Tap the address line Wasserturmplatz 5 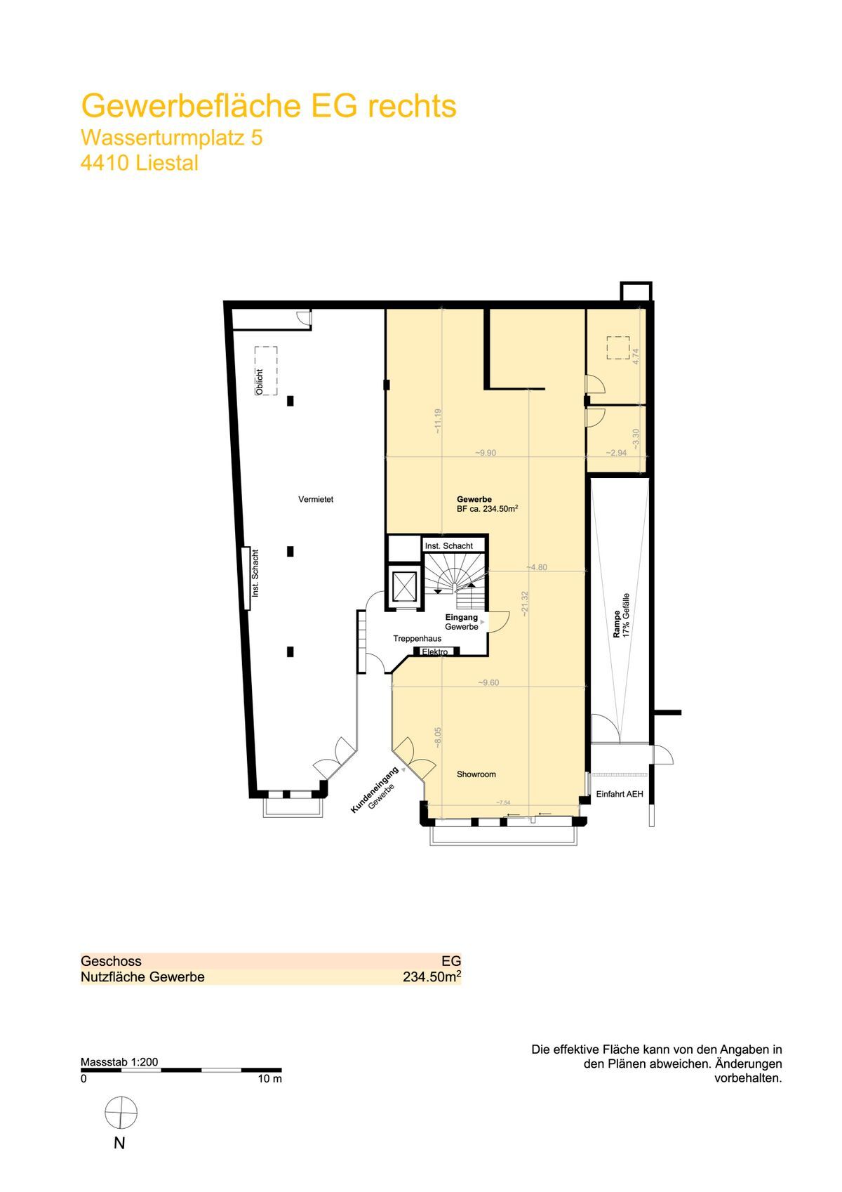click(172, 138)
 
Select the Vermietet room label click(316, 499)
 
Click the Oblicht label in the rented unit click(260, 382)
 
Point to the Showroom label click(476, 774)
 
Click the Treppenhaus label click(417, 639)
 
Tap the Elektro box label click(434, 651)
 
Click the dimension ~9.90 click(485, 453)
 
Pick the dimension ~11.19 click(438, 421)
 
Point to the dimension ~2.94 click(616, 453)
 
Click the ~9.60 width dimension click(488, 683)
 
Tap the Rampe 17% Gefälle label click(621, 616)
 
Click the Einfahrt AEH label click(619, 794)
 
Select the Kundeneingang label click(375, 790)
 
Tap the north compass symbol click(121, 1112)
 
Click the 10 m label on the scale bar click(269, 1079)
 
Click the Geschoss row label click(111, 961)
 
